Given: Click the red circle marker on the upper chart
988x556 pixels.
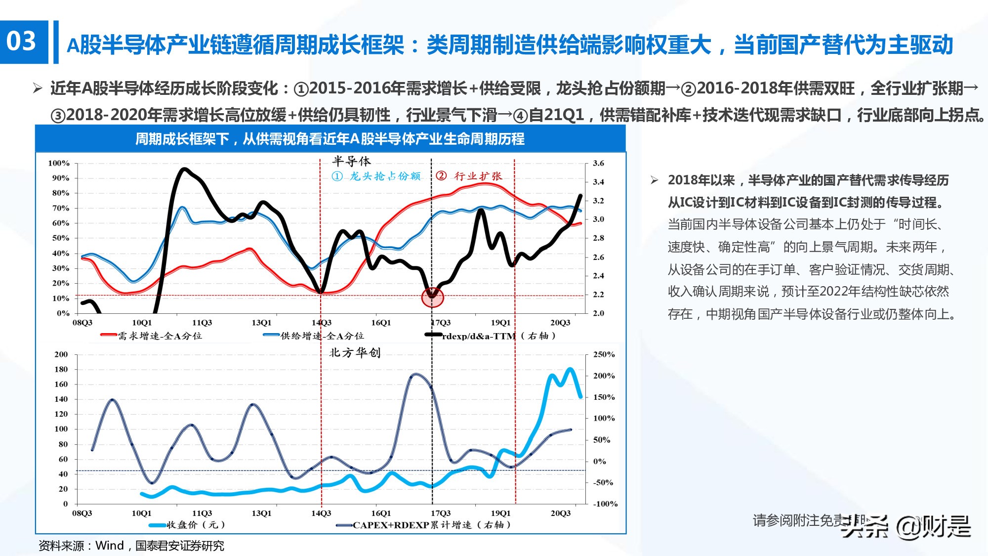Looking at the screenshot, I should pyautogui.click(x=432, y=297).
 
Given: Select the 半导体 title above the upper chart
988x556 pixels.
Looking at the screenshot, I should pyautogui.click(x=351, y=161).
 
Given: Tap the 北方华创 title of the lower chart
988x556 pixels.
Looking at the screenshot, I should pyautogui.click(x=355, y=352).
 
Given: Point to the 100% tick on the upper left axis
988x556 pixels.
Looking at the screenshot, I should pyautogui.click(x=59, y=163).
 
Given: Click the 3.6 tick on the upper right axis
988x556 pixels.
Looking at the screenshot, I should pyautogui.click(x=598, y=163).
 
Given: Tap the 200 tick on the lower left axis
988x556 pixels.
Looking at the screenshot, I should pyautogui.click(x=61, y=354).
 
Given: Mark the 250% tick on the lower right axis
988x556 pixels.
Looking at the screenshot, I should pyautogui.click(x=604, y=354).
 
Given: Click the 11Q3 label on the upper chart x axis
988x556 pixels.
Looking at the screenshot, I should pyautogui.click(x=202, y=323).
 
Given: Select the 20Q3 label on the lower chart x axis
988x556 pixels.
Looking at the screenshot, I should pyautogui.click(x=560, y=513).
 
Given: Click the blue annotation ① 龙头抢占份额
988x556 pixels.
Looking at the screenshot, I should pyautogui.click(x=376, y=176).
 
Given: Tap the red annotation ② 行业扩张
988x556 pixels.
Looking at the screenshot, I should pyautogui.click(x=469, y=176).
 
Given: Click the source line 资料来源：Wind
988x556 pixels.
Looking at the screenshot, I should pyautogui.click(x=131, y=546).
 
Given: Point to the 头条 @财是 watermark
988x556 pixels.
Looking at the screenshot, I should pyautogui.click(x=907, y=527).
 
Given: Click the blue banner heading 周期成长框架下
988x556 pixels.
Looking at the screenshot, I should pyautogui.click(x=330, y=139).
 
